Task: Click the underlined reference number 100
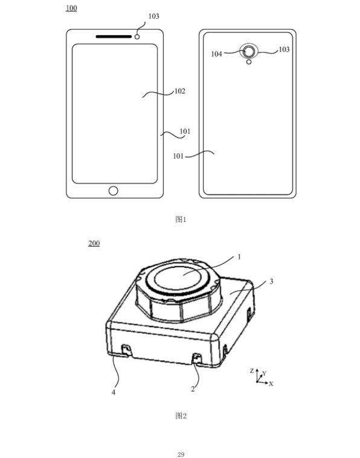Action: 71,8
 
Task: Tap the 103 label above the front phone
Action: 154,16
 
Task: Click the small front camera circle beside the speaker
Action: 138,36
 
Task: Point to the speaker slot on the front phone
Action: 114,36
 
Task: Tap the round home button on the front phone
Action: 114,191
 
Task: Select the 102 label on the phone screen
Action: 179,92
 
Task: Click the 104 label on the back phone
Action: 216,54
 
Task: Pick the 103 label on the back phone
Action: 283,50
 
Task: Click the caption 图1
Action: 180,219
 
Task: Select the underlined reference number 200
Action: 94,243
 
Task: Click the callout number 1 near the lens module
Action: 239,256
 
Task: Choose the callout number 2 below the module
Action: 193,389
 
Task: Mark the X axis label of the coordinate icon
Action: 271,383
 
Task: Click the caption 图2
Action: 180,415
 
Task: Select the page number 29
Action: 181,453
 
